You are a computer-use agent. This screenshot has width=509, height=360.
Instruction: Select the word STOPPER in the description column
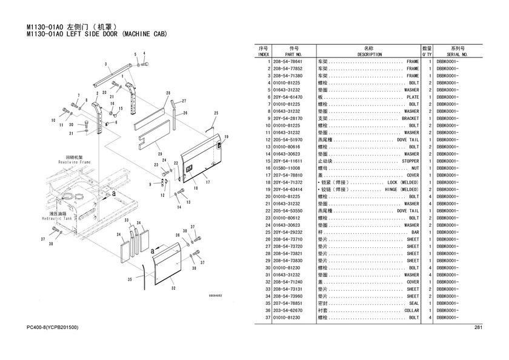coord(410,161)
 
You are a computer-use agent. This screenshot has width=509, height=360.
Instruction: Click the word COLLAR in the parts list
coord(411,310)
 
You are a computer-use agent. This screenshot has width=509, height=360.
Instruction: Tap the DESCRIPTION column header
coord(369,54)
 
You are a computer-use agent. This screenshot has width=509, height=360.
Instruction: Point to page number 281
coord(477,328)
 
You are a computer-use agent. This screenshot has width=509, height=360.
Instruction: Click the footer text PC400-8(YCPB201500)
coord(52,328)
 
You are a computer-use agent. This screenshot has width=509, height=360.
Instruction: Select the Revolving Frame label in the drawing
coord(75,162)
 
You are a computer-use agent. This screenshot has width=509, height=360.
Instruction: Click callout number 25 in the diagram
coord(215,113)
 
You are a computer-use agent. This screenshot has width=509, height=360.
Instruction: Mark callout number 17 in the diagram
coord(207,182)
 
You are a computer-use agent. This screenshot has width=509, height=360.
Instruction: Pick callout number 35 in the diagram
coord(129,279)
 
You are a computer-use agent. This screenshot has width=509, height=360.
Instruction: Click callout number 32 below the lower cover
coord(173,288)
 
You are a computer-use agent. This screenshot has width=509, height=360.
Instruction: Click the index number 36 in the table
coord(266,310)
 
